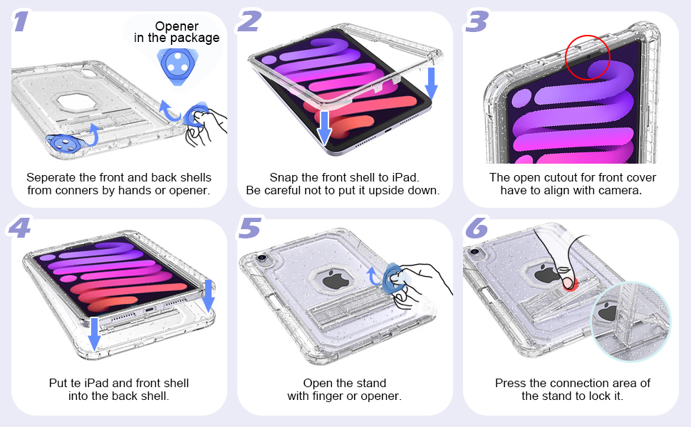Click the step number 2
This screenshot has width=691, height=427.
point(249,21)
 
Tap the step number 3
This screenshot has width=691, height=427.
point(477,21)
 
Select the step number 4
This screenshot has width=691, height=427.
point(20,228)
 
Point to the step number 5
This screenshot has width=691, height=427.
point(249,228)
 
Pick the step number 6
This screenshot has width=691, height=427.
point(477,228)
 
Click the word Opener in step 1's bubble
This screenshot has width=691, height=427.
point(177,26)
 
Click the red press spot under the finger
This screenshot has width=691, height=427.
point(568,283)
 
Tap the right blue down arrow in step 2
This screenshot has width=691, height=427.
point(431,81)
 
